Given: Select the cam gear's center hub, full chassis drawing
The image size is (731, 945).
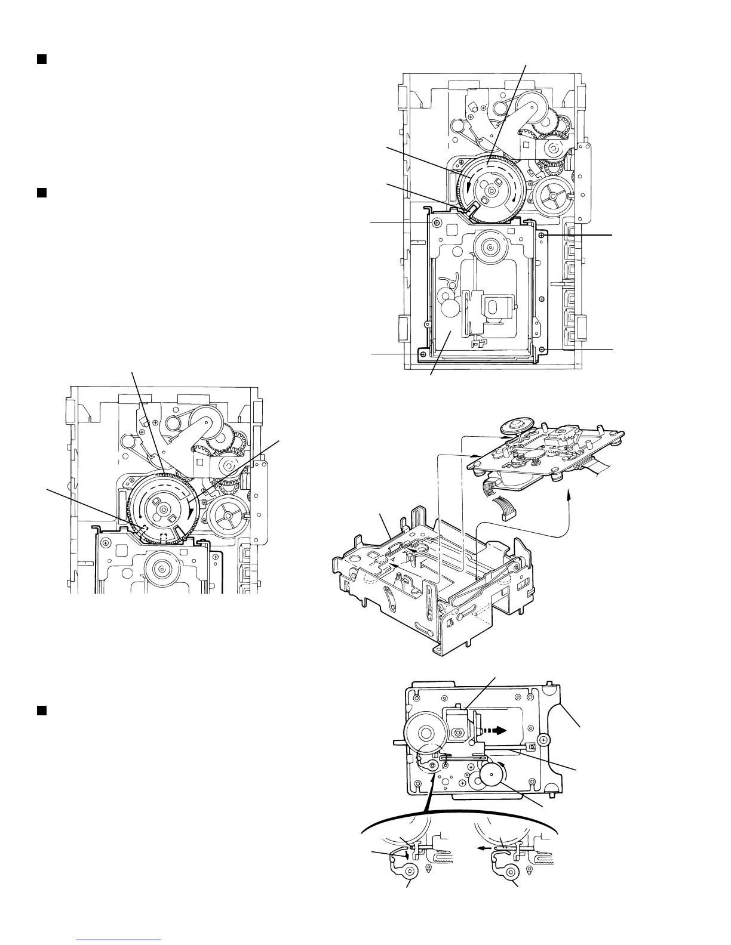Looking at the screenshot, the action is point(490,190).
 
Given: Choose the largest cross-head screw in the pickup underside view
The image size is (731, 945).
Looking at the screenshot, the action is point(543,740).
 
